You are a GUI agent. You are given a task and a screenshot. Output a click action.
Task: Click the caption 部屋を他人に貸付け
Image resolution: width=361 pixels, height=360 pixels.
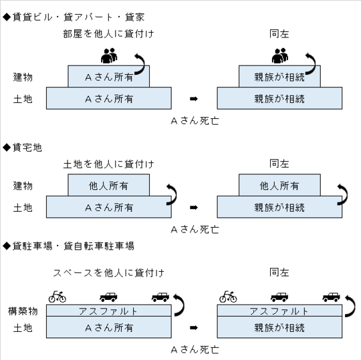tap(108, 34)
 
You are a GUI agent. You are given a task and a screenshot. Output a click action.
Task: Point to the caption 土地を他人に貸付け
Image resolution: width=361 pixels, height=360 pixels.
tap(108, 164)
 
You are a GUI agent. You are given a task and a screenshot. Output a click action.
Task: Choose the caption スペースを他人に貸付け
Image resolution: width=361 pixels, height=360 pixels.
tap(108, 273)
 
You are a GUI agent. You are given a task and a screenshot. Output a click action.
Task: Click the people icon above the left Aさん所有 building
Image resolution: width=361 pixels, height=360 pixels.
tap(109, 55)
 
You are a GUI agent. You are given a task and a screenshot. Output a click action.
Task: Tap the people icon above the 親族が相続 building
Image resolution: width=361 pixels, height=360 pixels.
tap(280, 55)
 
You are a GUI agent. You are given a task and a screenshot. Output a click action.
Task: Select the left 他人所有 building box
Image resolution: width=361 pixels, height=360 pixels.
tap(109, 185)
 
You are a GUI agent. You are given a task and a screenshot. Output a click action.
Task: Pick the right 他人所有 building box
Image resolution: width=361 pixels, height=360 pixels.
tap(279, 185)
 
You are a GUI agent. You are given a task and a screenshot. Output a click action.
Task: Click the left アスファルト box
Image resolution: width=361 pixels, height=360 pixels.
tap(109, 311)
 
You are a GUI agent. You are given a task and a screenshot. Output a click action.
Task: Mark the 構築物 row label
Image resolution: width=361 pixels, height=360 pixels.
tap(23, 311)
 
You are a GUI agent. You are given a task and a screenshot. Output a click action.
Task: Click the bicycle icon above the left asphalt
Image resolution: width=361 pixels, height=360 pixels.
tap(57, 297)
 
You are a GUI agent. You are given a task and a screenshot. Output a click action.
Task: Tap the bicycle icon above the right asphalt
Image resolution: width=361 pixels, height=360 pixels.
tap(228, 297)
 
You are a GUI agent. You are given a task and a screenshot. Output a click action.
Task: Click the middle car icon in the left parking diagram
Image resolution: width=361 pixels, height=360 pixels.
tap(108, 297)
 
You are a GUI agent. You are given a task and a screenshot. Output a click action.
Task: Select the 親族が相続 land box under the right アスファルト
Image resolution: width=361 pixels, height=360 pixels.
tap(279, 327)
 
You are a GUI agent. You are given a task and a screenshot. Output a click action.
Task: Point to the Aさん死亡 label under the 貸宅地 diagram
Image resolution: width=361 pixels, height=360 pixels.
tap(195, 230)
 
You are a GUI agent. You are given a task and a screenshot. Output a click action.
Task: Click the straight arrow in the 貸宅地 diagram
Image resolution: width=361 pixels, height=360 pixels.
tap(194, 208)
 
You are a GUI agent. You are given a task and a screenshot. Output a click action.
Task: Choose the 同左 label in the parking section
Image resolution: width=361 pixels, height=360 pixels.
tap(279, 273)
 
